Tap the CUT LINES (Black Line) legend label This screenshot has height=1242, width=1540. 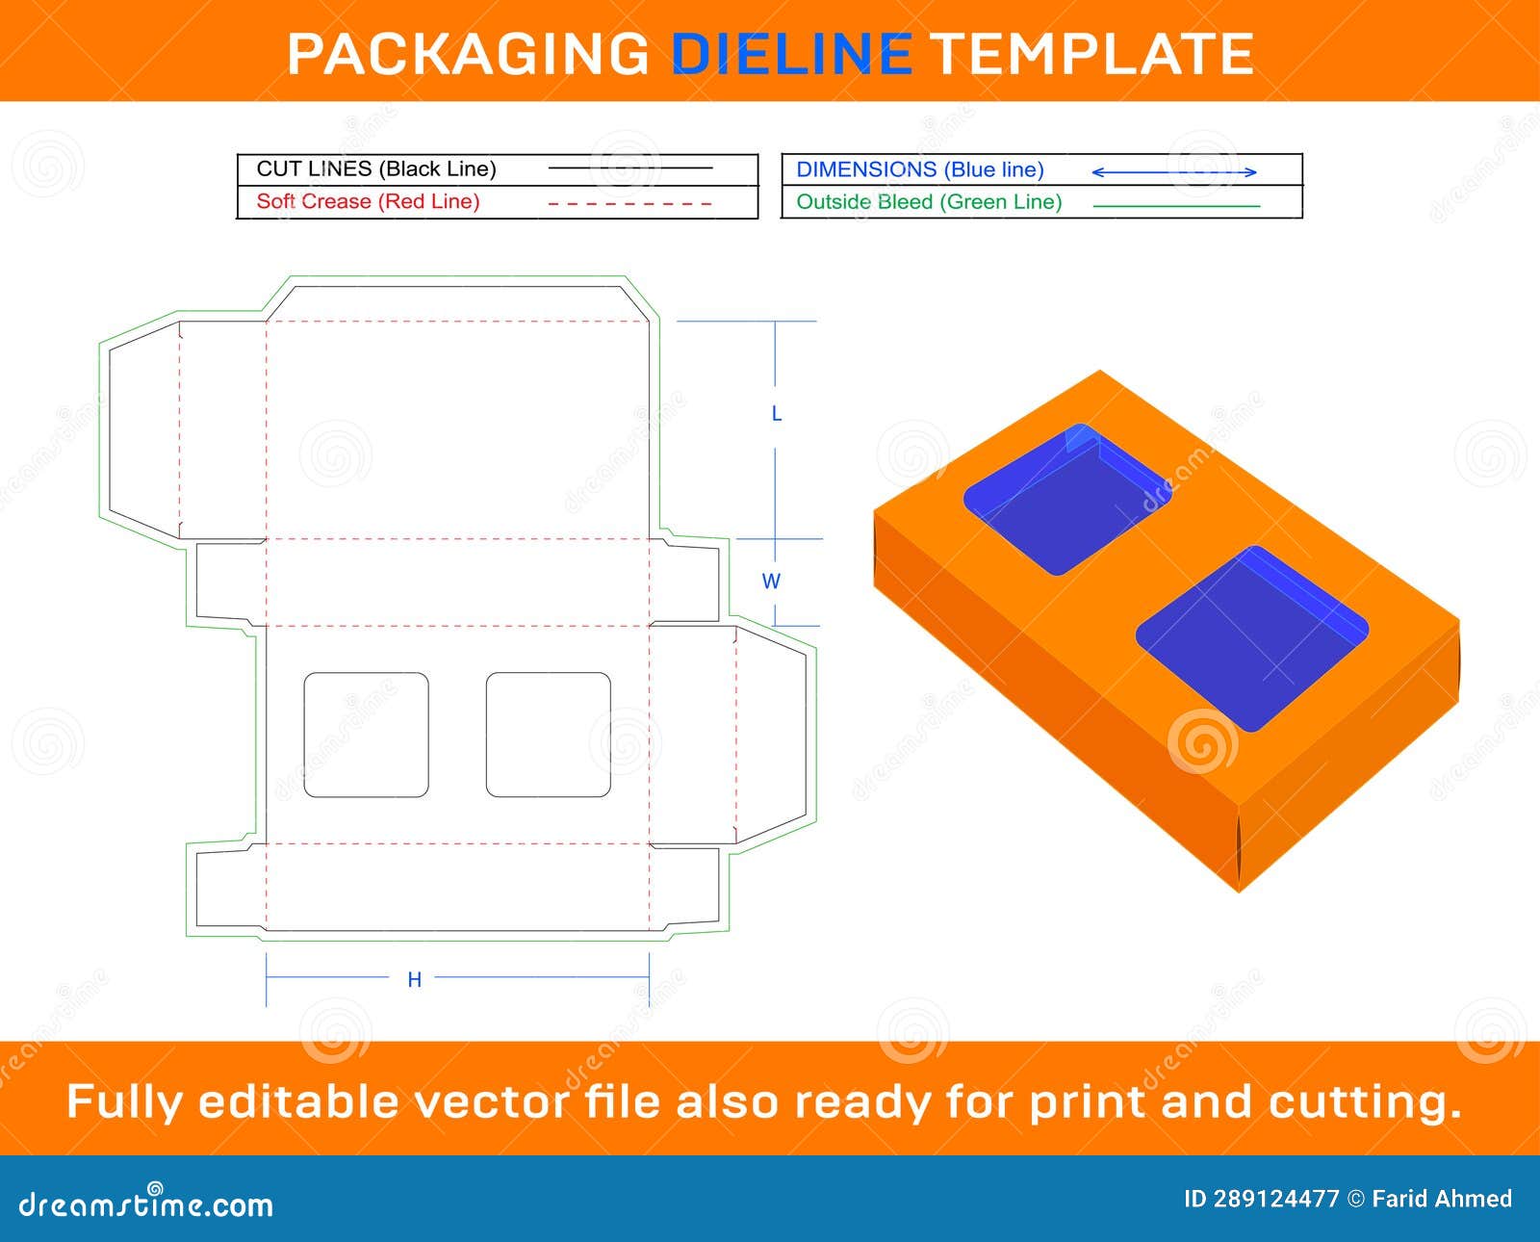pos(376,168)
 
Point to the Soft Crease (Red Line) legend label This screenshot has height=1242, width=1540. pos(368,201)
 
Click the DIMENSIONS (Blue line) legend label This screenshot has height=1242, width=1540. pos(920,169)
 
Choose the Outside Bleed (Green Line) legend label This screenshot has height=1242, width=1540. pos(929,202)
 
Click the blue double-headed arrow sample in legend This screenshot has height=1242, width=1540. pos(1174,172)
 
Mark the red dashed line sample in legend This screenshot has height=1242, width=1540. pos(629,204)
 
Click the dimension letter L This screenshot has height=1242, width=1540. pos(777,414)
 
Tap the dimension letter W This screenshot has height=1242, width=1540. pos(771,582)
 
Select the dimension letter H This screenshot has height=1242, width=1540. pos(414,980)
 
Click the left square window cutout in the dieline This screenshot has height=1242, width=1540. pos(366,735)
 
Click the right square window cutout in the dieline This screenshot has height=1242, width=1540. pos(548,735)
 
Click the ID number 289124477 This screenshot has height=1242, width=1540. pos(1276,1199)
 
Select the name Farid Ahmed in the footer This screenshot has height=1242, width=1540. pos(1442,1199)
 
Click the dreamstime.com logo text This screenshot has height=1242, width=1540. pos(146,1204)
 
